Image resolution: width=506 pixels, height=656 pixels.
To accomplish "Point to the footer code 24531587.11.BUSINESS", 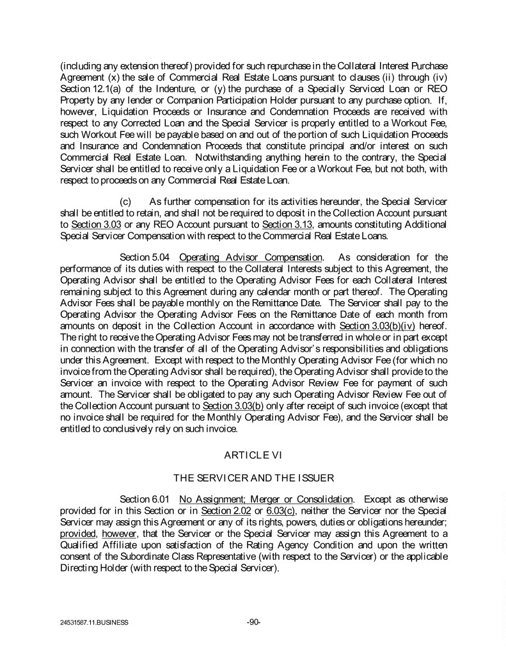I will [x=90, y=622].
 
